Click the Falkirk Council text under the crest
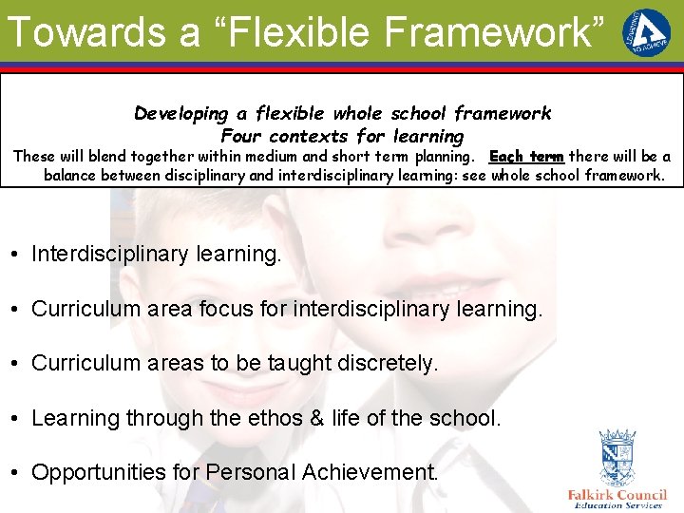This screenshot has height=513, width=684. (x=617, y=494)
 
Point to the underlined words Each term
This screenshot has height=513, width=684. (x=526, y=157)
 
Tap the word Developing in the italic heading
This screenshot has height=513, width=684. (x=180, y=114)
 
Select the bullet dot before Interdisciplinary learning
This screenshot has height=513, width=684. (x=17, y=255)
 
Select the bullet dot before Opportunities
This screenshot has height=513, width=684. (x=17, y=473)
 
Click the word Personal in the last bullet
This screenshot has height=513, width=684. (x=250, y=472)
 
